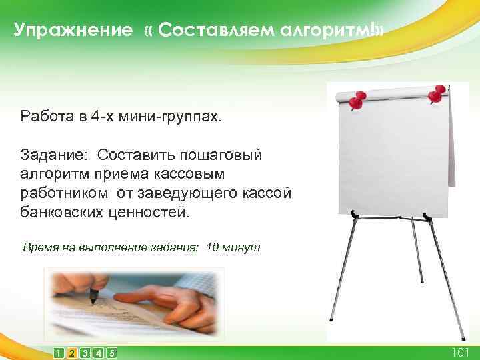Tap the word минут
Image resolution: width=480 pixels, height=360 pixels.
pos(243,247)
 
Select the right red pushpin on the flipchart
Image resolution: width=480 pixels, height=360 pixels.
pos(437,94)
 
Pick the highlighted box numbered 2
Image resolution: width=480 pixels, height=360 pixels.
pos(72,353)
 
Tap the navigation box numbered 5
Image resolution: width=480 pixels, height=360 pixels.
pos(112,353)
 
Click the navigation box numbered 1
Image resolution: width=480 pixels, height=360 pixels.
pos(59,353)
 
